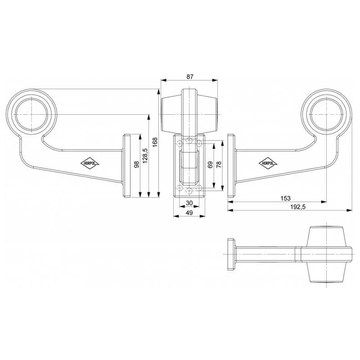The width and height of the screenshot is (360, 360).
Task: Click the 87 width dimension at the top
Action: (x=189, y=77)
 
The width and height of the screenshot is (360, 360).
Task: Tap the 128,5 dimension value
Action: (x=145, y=156)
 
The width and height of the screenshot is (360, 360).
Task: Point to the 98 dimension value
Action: (x=136, y=165)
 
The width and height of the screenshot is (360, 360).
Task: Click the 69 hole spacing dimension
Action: (x=209, y=165)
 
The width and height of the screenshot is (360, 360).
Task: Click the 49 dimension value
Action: (x=189, y=213)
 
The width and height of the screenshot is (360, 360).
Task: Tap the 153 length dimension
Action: (x=285, y=198)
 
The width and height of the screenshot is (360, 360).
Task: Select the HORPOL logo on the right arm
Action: (x=268, y=163)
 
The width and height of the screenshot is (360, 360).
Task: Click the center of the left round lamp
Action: (x=32, y=114)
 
